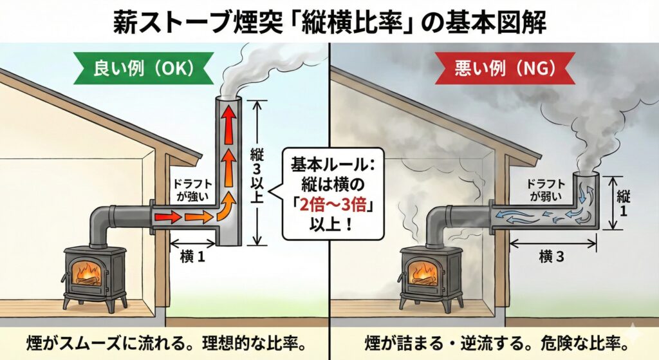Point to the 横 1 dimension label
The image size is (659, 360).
pos(192,257)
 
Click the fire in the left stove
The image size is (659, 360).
pos(87,273)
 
